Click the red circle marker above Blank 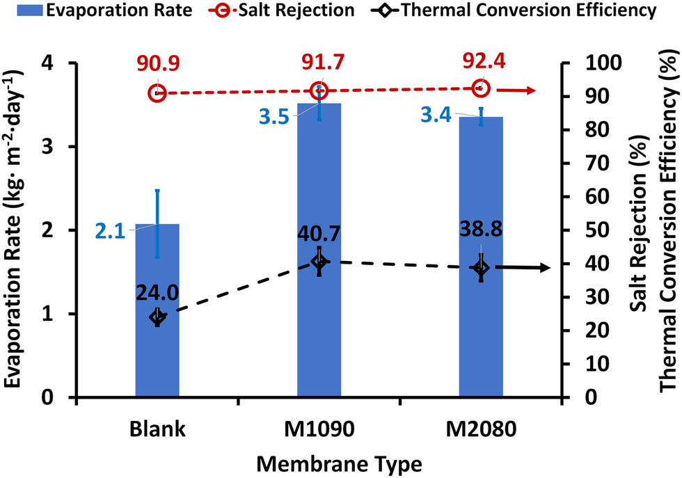tap(157, 93)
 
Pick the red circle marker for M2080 tap(481, 88)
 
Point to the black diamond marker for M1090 tap(319, 261)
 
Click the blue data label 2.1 tap(109, 230)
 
